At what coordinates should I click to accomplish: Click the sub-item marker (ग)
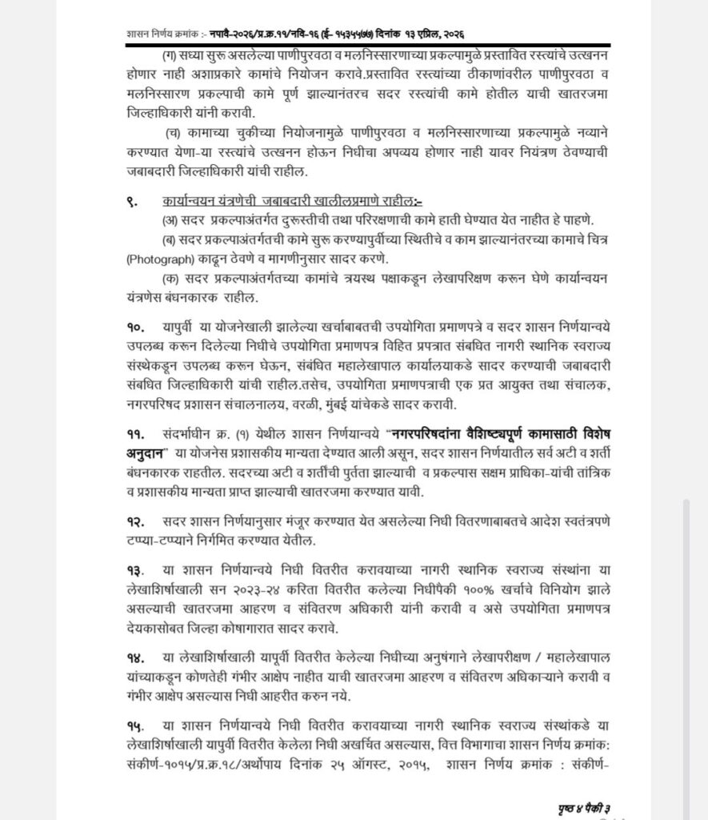click(x=170, y=54)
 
